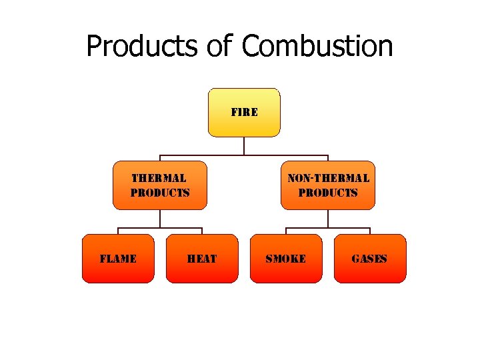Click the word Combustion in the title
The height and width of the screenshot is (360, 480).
click(317, 47)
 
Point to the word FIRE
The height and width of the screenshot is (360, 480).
click(245, 112)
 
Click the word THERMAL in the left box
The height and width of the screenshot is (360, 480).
click(159, 179)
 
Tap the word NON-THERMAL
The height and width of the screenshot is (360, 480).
click(328, 179)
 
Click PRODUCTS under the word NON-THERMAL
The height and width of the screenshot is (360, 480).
click(328, 193)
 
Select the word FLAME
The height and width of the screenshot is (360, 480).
click(118, 259)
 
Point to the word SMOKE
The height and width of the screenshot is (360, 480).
click(286, 259)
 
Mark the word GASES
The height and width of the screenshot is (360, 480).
click(369, 259)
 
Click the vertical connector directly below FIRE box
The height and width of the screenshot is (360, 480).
click(245, 146)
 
